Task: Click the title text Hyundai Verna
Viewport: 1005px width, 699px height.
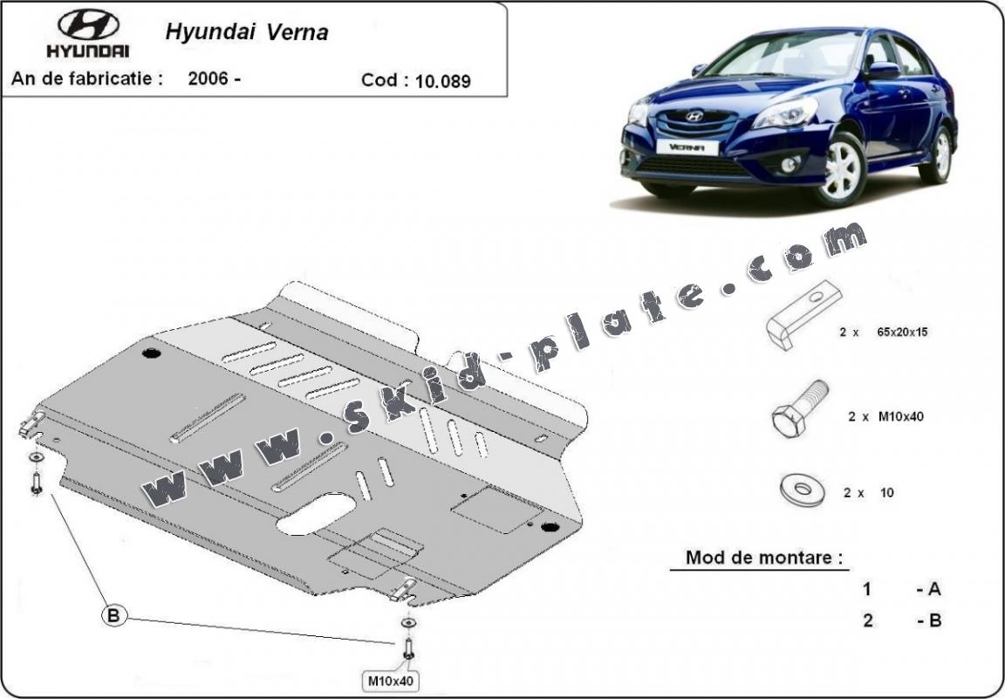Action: click(247, 32)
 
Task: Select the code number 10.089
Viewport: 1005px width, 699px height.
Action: click(442, 81)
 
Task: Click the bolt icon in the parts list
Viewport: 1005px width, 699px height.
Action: click(799, 408)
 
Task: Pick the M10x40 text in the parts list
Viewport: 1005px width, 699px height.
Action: click(898, 416)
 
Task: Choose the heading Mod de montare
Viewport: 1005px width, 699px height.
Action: click(765, 557)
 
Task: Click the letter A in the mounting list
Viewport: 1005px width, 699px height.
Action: click(933, 589)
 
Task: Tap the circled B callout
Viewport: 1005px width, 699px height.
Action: click(113, 615)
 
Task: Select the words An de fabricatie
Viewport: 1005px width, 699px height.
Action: click(86, 79)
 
